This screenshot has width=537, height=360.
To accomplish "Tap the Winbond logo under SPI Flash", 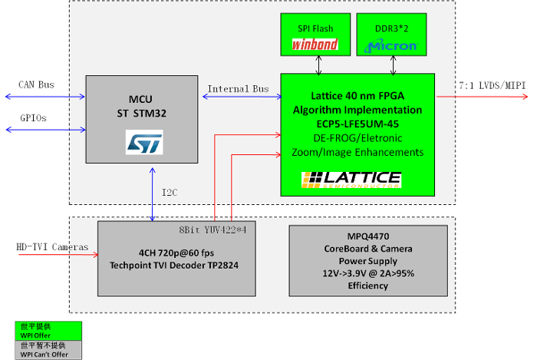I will tap(315, 45).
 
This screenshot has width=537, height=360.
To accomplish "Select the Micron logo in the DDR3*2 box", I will tap(391, 45).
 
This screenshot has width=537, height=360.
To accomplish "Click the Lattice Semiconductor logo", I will tap(351, 180).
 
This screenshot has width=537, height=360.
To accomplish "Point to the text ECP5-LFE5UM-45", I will tap(357, 123).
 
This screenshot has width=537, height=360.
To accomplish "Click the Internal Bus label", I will tap(238, 89).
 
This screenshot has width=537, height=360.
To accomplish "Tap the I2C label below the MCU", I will tap(170, 192).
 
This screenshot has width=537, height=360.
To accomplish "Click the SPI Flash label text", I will tap(315, 28).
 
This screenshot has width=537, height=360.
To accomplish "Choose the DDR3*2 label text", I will tap(391, 28).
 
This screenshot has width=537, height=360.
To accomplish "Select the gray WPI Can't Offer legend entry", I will tap(48, 350).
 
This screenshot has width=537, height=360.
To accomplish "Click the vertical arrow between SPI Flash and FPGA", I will tap(318, 65).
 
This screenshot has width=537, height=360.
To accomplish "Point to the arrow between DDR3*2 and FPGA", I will tap(394, 65).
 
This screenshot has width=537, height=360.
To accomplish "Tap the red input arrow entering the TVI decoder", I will tap(58, 255).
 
